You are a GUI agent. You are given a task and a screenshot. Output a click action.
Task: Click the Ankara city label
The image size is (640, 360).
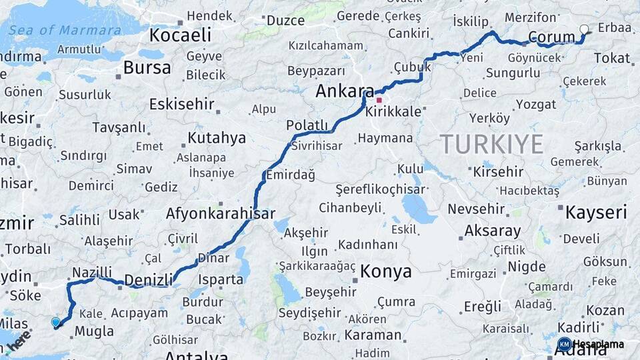[345, 91]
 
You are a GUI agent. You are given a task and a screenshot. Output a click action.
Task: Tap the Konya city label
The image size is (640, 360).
[385, 272]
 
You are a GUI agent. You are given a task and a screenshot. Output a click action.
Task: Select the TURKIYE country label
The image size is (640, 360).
[491, 143]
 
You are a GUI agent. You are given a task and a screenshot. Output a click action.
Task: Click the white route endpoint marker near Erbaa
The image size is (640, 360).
[585, 29]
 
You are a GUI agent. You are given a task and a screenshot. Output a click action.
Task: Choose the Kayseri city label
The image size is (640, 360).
[596, 213]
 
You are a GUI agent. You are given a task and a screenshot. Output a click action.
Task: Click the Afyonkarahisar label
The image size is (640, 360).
[221, 214]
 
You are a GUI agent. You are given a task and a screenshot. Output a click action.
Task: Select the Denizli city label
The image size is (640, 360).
[149, 279]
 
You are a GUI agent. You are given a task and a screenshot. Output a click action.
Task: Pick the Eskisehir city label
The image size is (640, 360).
[181, 104]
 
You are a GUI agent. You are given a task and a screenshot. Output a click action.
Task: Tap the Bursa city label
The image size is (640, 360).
[143, 67]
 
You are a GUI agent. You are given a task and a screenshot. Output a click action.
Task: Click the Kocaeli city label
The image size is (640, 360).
[180, 35]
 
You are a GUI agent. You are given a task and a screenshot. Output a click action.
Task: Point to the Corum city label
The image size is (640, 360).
[551, 37]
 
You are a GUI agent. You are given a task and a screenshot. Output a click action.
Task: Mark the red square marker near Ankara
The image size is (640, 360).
[379, 100]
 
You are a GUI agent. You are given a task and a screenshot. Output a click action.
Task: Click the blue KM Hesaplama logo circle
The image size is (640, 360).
[564, 344]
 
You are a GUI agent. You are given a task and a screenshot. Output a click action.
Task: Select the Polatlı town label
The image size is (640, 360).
[307, 125]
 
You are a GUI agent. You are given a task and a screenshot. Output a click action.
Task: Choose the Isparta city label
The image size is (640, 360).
[220, 279]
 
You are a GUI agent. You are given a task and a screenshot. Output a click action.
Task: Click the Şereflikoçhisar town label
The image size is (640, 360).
[380, 189]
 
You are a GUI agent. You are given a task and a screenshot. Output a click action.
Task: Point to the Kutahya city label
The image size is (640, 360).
[217, 138]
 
